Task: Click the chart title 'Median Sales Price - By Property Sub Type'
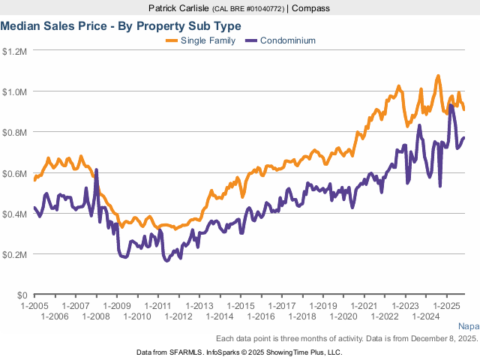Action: (121, 26)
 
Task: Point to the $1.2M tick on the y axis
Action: (15, 52)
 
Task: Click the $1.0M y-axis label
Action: (15, 92)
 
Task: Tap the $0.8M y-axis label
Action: (15, 133)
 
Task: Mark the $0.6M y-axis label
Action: (15, 173)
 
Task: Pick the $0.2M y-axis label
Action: (15, 254)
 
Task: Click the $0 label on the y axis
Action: (21, 295)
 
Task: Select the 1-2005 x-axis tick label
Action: (35, 307)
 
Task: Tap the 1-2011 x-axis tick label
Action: (157, 307)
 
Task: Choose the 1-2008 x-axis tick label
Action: (96, 316)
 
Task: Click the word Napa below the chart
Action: (468, 326)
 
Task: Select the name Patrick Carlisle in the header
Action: (180, 8)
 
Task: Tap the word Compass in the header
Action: (310, 8)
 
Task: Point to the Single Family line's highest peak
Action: (438, 76)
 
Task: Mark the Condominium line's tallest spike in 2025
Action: (451, 106)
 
